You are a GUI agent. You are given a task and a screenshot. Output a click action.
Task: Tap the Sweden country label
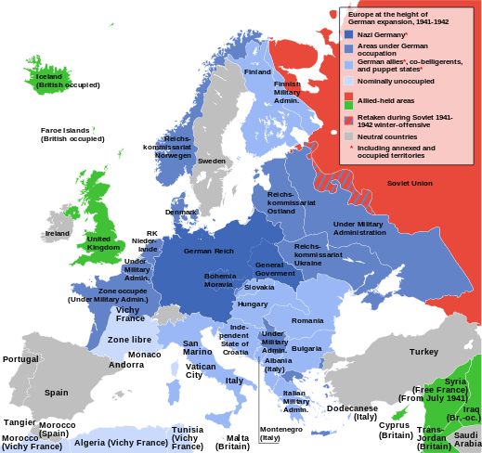click(x=212, y=161)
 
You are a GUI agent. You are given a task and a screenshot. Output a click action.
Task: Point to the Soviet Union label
click(x=410, y=183)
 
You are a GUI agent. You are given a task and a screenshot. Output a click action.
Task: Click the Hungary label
click(x=252, y=304)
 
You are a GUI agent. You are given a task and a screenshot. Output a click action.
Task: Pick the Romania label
click(x=307, y=320)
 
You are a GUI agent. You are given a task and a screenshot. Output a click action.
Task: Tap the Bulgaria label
click(x=306, y=348)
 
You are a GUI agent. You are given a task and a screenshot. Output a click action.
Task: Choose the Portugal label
click(x=20, y=359)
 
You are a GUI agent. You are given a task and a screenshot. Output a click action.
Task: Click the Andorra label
click(x=126, y=365)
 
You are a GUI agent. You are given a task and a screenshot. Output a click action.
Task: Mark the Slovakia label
click(x=259, y=287)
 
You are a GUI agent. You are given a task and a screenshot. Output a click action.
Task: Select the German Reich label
click(x=209, y=252)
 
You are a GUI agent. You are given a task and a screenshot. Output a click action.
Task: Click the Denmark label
click(x=180, y=212)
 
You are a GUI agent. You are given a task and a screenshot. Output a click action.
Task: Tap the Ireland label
click(x=58, y=233)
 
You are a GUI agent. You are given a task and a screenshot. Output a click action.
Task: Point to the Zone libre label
click(x=129, y=340)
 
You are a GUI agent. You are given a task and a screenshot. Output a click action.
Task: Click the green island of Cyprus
click(x=399, y=412)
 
